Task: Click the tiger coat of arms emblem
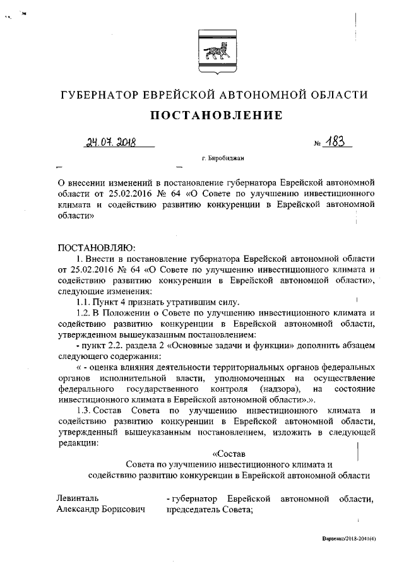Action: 214,45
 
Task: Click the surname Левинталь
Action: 78,498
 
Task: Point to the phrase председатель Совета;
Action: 210,510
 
